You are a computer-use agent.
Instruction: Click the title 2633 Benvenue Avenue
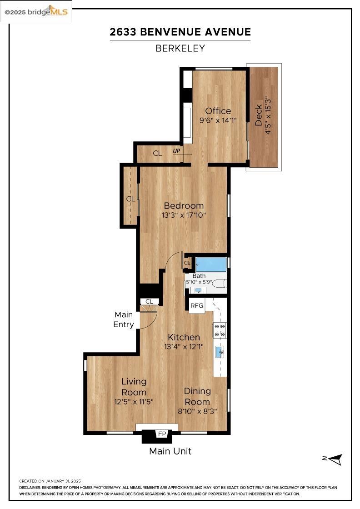tap(180, 32)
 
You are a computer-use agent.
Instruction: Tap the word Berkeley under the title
tap(180, 48)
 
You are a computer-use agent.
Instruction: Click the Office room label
tap(218, 111)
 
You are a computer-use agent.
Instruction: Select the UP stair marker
tap(176, 151)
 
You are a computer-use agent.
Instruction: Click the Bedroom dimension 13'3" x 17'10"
tap(184, 215)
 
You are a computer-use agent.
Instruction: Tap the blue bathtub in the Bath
tap(211, 264)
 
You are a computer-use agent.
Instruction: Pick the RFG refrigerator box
tap(197, 305)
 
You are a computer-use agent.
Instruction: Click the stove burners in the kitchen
tap(220, 330)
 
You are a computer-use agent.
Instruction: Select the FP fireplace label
tap(161, 434)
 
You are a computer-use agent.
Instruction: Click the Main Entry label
tap(124, 319)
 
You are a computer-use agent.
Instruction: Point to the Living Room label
tap(134, 387)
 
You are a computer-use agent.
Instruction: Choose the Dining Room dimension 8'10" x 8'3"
tap(197, 411)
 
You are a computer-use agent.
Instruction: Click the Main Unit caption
tap(170, 451)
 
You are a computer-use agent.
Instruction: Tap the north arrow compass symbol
tap(334, 459)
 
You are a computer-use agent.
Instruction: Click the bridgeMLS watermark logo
tap(36, 11)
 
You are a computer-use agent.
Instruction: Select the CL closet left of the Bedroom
tap(130, 199)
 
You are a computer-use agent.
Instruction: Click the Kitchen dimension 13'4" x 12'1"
tap(184, 346)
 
